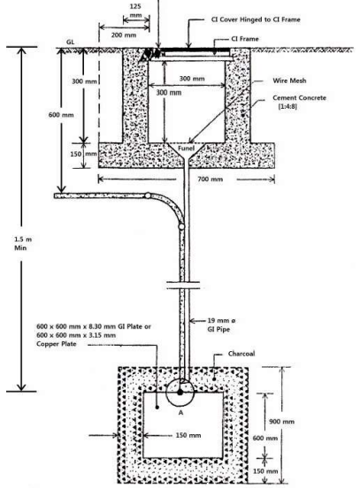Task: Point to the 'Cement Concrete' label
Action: (x=305, y=103)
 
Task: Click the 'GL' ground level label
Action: (x=71, y=42)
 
